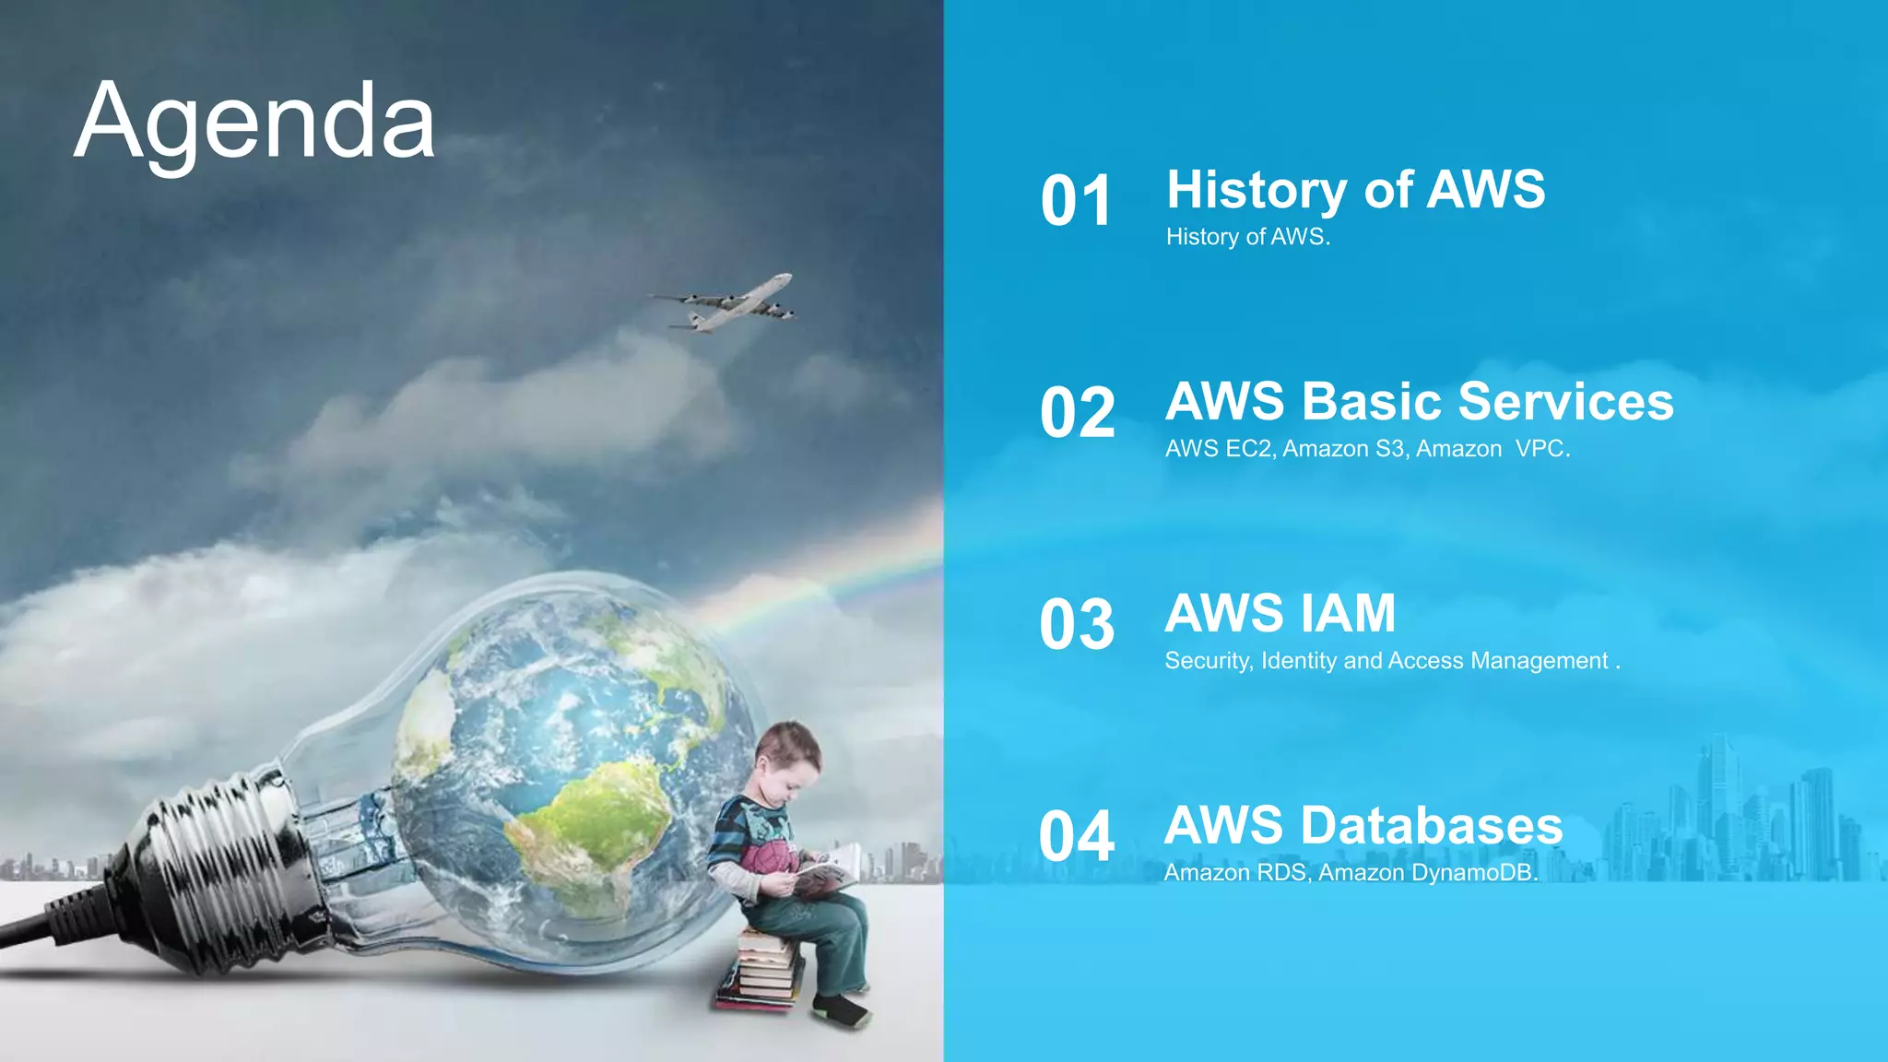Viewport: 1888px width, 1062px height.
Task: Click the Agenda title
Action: pyautogui.click(x=254, y=123)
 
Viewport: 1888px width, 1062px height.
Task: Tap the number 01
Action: pyautogui.click(x=1076, y=201)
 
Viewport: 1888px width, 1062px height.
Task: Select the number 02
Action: pyautogui.click(x=1077, y=413)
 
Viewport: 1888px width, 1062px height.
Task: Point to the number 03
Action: pyautogui.click(x=1077, y=625)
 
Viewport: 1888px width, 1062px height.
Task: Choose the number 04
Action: pyautogui.click(x=1077, y=837)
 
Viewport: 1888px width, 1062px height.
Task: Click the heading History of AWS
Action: pyautogui.click(x=1355, y=190)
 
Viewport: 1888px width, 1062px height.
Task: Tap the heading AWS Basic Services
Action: pyautogui.click(x=1419, y=402)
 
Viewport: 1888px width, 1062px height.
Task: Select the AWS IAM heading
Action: pyautogui.click(x=1280, y=614)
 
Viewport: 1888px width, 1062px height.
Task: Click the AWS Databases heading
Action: pyautogui.click(x=1363, y=826)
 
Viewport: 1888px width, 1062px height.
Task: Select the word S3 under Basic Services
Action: pyautogui.click(x=1390, y=449)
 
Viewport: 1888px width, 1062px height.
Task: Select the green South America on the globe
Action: pyautogui.click(x=590, y=820)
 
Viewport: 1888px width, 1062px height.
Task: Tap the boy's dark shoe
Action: pyautogui.click(x=841, y=1011)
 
